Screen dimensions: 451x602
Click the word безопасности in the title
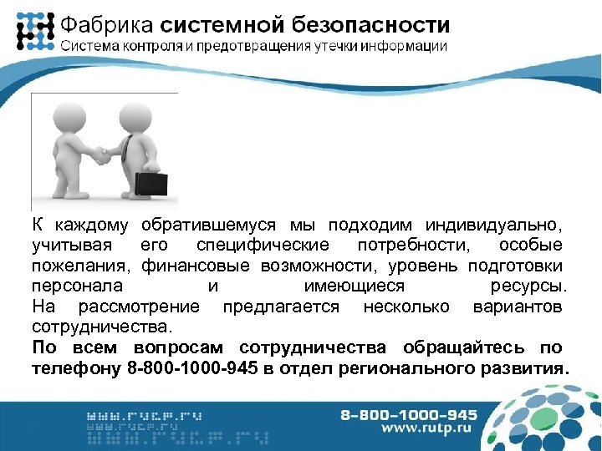click(x=379, y=25)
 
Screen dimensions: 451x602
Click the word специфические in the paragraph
click(x=263, y=246)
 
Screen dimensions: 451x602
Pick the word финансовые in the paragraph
click(x=195, y=266)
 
